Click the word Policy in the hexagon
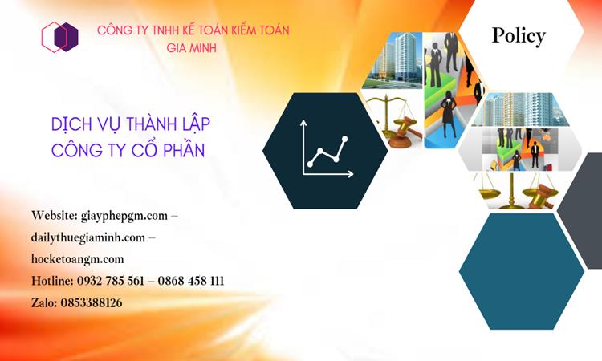tap(519, 35)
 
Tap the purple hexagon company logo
tap(60, 37)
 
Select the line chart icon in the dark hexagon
tap(325, 148)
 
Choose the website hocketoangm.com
tap(78, 259)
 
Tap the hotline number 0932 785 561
tap(111, 281)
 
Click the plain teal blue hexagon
tap(521, 260)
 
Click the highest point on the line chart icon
tap(345, 139)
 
